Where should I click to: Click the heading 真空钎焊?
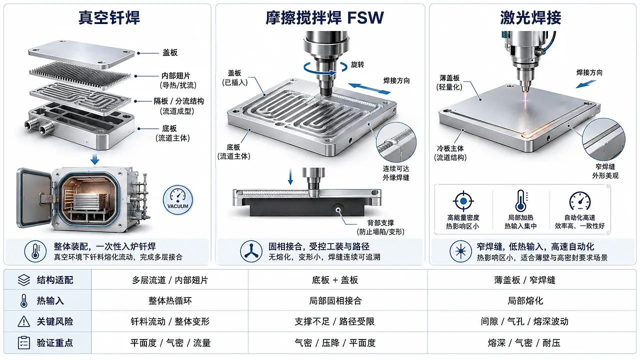click(x=109, y=17)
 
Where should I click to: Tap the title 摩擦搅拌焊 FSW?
click(x=325, y=17)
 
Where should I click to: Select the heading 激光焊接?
click(x=531, y=17)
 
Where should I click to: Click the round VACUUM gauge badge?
click(x=177, y=199)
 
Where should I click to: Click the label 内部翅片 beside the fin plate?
click(x=176, y=75)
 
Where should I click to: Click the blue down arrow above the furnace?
click(x=95, y=159)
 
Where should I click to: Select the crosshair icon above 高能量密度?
click(x=463, y=201)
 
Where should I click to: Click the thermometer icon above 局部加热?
click(x=521, y=201)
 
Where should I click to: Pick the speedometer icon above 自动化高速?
click(x=579, y=201)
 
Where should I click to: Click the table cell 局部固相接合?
click(x=335, y=300)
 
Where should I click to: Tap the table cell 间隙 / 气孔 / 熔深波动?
click(x=524, y=321)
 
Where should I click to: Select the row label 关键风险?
click(x=55, y=321)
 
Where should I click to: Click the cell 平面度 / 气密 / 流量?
click(x=170, y=342)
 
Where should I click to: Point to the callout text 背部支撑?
click(x=380, y=222)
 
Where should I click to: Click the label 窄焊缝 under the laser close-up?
click(x=605, y=166)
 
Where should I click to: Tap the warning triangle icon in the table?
click(x=23, y=321)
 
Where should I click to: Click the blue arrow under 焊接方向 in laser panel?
click(x=585, y=84)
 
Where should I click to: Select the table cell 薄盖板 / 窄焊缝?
click(x=524, y=280)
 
